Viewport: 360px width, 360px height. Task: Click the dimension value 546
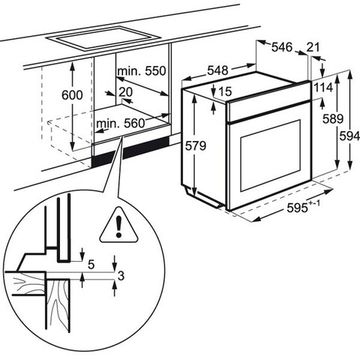[282, 47]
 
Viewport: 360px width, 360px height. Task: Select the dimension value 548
[218, 71]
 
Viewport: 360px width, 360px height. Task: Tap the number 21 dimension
[313, 47]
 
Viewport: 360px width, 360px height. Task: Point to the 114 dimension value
[323, 88]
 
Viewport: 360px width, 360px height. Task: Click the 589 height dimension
[333, 119]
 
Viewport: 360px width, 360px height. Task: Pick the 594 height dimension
[349, 136]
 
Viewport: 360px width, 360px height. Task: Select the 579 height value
[195, 146]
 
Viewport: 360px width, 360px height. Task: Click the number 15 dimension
[225, 91]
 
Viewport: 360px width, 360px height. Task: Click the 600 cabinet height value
[72, 95]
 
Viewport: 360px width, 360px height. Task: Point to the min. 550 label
[141, 71]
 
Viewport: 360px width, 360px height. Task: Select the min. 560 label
[121, 124]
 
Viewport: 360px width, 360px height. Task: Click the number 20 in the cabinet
[125, 92]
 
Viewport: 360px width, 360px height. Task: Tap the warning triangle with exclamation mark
[118, 225]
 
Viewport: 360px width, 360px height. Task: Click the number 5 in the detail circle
[91, 265]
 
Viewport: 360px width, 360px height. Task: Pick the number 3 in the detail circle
[121, 276]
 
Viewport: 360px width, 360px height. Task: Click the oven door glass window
[270, 156]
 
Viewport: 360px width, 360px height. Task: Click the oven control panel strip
[268, 101]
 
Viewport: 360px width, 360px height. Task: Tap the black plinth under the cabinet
[130, 153]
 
